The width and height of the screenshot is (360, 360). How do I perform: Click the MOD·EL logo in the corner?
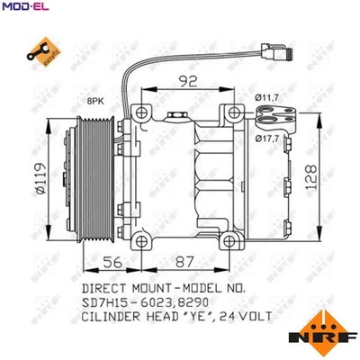tap(22, 7)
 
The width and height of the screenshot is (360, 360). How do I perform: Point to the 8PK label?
tap(94, 105)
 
